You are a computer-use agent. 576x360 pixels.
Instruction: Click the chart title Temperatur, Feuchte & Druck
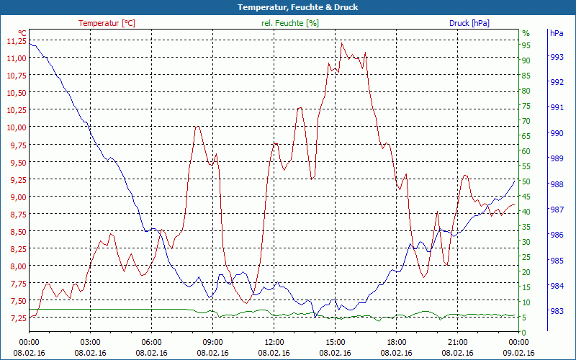click(x=288, y=7)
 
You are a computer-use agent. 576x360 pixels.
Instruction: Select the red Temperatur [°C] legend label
click(x=107, y=23)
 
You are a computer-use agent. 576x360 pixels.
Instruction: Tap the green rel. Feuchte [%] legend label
click(x=290, y=23)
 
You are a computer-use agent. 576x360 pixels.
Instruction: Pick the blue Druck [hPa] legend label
click(x=469, y=23)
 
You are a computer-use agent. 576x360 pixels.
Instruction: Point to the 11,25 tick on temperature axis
click(x=16, y=41)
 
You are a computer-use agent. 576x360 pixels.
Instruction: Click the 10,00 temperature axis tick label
click(x=16, y=127)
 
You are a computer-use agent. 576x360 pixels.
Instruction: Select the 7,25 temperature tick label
click(x=16, y=318)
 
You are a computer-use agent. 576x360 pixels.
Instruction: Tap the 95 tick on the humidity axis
click(x=526, y=45)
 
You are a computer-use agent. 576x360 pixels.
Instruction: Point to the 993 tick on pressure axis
click(x=557, y=56)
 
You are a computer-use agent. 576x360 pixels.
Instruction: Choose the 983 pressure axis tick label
click(x=557, y=311)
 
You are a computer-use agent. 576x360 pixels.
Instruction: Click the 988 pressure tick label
click(x=557, y=184)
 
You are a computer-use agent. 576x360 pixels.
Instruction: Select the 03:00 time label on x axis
click(x=90, y=342)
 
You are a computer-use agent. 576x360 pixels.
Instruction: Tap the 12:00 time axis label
click(x=274, y=342)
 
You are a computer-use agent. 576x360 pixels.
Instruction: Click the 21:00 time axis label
click(x=458, y=342)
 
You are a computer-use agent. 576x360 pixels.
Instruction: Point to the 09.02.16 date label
click(x=519, y=353)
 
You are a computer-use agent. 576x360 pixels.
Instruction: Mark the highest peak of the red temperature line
click(x=342, y=42)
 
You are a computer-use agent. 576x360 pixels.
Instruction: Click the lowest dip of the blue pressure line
click(x=315, y=317)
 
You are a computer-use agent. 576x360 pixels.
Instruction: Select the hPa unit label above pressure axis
click(x=557, y=33)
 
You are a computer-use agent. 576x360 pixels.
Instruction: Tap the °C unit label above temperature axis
click(x=22, y=33)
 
